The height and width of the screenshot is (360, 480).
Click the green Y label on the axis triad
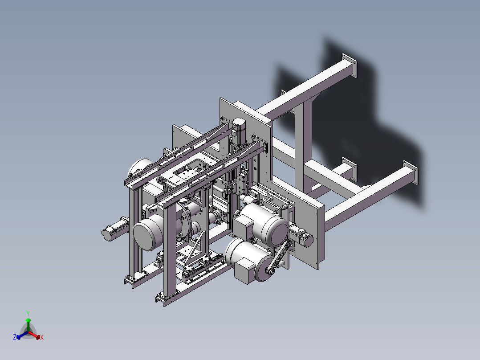(28, 313)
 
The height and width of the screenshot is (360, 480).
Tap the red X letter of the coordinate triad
(42, 337)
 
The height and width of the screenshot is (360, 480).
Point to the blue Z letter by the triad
(15, 337)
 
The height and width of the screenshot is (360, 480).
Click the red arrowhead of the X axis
(38, 337)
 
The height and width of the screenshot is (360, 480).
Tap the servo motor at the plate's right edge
(301, 236)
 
